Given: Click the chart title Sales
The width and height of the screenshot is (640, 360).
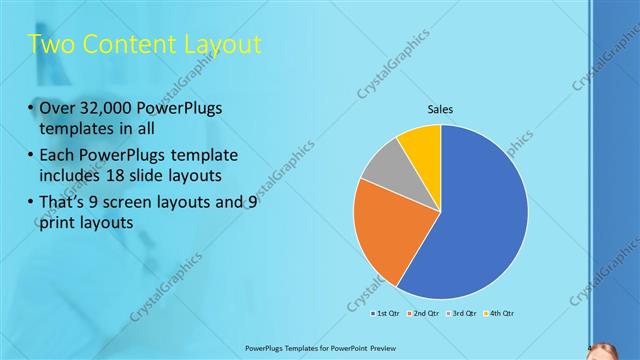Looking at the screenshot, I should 441,109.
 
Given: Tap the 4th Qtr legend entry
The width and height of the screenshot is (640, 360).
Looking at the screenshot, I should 500,314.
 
